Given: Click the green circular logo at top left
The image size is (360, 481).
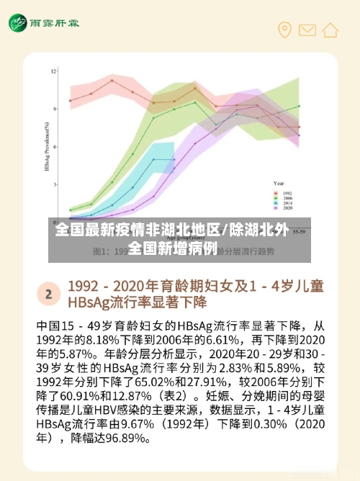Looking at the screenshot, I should coord(19,24).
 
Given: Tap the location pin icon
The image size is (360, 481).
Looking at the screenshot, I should coord(285,30).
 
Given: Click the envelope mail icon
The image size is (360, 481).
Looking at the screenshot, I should coord(307,30).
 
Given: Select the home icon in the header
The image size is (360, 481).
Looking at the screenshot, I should coord(330,30).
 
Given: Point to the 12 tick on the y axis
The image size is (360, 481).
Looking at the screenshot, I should coord(53,71).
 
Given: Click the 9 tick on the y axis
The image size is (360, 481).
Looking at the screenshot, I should coord(55,109).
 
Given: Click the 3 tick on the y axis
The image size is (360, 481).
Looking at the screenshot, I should coord(55,184).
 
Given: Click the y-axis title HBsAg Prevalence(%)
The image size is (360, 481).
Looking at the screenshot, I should coord(46,144).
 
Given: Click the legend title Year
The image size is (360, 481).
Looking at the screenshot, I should coord(278,184).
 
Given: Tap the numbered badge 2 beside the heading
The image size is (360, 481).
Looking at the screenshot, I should coord(49,294).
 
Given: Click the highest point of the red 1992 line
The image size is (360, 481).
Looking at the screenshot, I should coord(112,81).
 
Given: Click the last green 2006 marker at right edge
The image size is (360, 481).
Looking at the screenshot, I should coord(299,106).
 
